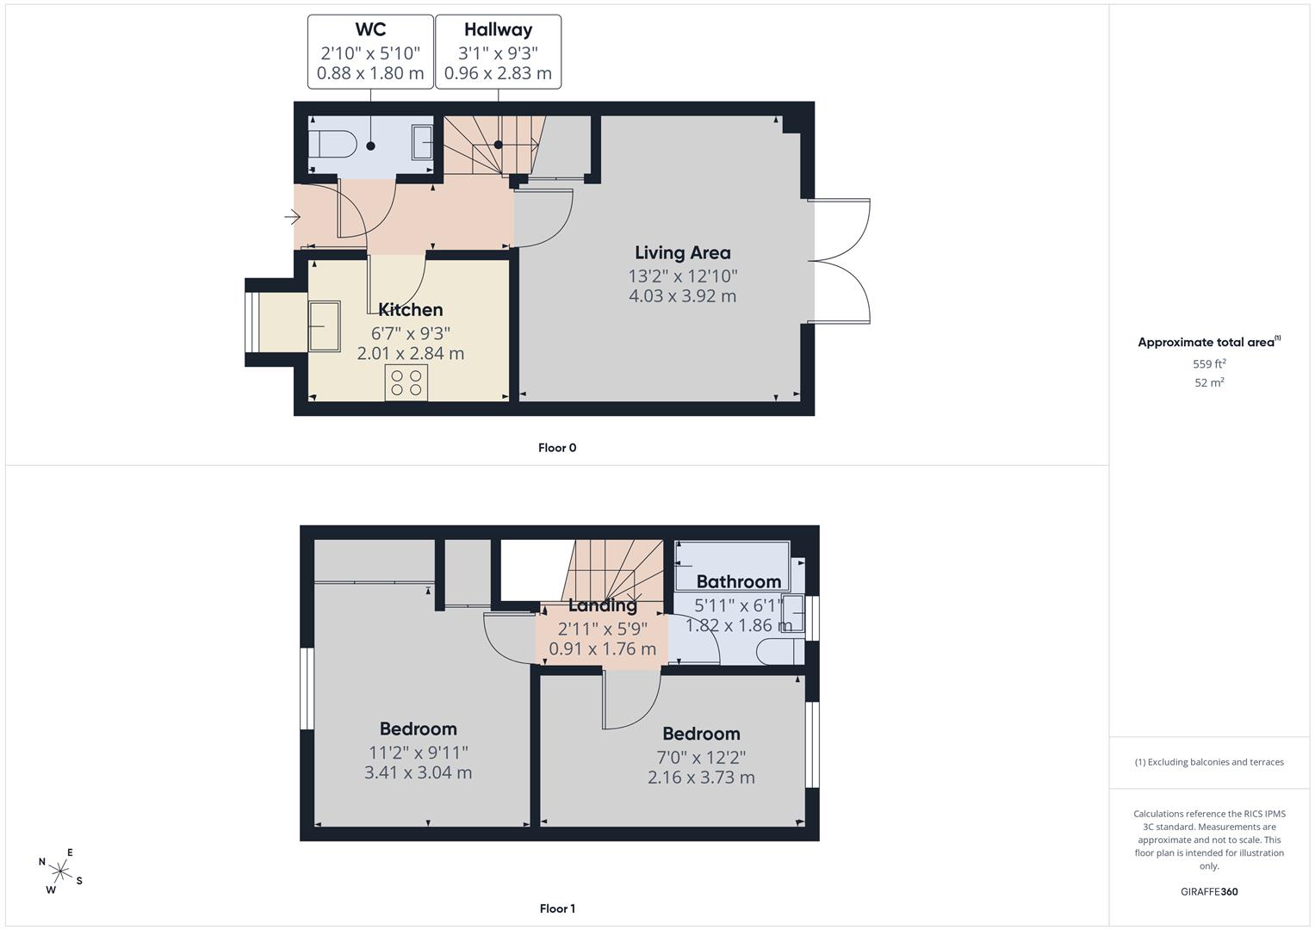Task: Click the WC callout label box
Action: [370, 52]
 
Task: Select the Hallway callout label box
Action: [498, 52]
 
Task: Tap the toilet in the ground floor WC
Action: [333, 143]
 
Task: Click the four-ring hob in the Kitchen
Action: [406, 383]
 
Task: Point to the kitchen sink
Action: [324, 326]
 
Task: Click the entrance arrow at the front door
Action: [292, 217]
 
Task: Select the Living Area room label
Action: [683, 252]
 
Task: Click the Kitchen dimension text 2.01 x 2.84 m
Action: [411, 353]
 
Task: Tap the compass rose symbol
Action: [60, 871]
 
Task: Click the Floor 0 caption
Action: [557, 448]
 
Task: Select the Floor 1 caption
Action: [557, 908]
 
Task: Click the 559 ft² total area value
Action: [1209, 363]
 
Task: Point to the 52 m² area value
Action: [1209, 382]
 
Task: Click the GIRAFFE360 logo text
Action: [1209, 891]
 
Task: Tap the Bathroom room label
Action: [739, 581]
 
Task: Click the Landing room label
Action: [602, 604]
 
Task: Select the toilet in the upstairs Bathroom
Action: [780, 651]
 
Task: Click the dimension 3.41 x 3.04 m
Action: [418, 772]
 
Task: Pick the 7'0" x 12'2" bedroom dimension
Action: [701, 758]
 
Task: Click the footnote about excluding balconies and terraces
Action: [1209, 762]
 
